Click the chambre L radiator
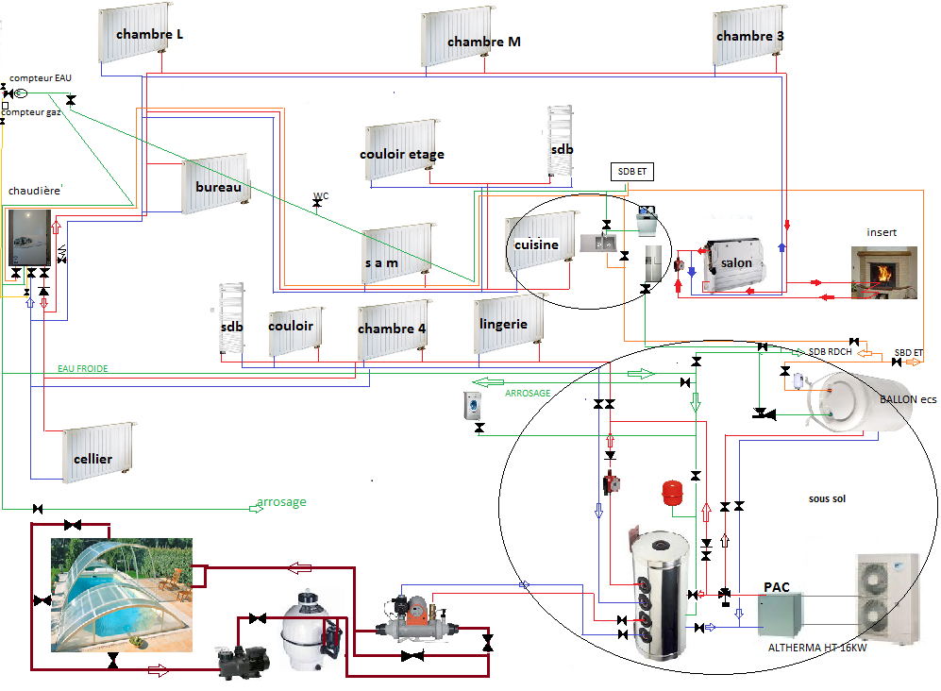click(134, 33)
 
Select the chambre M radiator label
click(483, 42)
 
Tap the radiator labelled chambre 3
click(749, 35)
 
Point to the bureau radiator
click(216, 185)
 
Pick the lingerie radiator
click(510, 325)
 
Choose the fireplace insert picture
click(882, 272)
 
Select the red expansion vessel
click(671, 493)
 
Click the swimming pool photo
click(123, 595)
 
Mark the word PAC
click(775, 587)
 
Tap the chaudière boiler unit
click(28, 239)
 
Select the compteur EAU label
click(40, 78)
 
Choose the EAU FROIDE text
click(82, 369)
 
